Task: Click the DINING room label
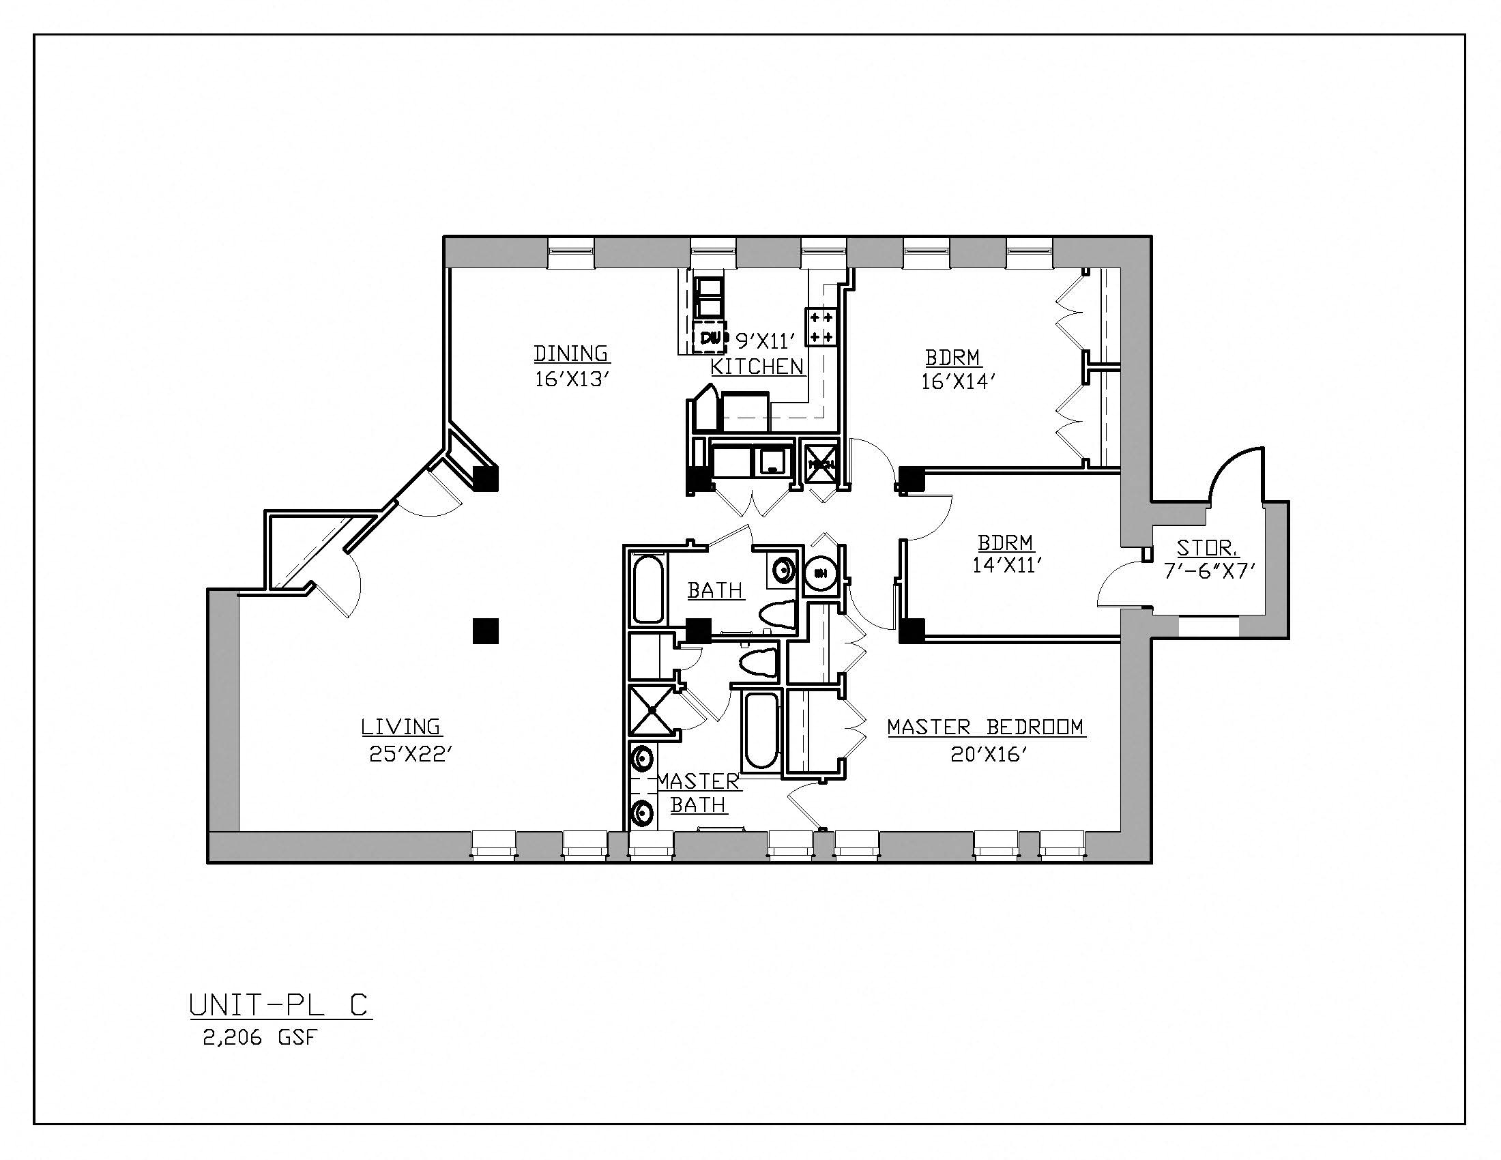coord(571,353)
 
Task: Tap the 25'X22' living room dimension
coord(410,755)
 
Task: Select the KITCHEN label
coord(757,366)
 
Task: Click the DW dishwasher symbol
coord(710,337)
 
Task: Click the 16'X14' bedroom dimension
coord(958,381)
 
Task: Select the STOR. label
coord(1208,548)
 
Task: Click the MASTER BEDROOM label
coord(986,727)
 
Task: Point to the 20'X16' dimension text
coord(989,755)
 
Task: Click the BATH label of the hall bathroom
coord(715,590)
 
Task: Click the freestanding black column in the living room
coord(485,630)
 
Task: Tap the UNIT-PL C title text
coord(280,1005)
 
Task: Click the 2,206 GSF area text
coord(261,1038)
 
